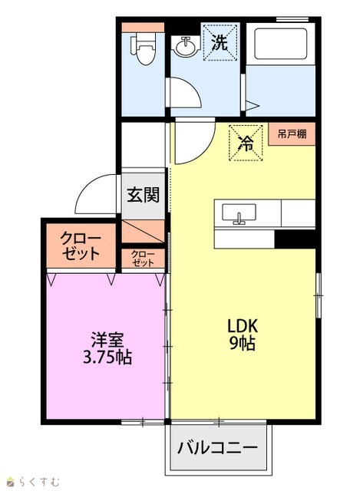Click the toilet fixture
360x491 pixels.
[144, 48]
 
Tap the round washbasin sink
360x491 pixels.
[187, 46]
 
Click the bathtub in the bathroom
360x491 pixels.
[280, 44]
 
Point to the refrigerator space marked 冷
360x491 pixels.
[246, 143]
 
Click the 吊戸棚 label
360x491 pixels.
[292, 134]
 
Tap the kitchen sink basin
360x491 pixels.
[239, 213]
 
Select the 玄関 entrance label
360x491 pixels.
[144, 195]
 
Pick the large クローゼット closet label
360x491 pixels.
[81, 245]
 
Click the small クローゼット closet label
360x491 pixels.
[143, 259]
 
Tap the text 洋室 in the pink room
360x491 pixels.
[107, 340]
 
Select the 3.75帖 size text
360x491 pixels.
[107, 357]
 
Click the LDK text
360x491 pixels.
[243, 326]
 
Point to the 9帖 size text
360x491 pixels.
[243, 343]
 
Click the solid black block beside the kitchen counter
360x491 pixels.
[295, 239]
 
